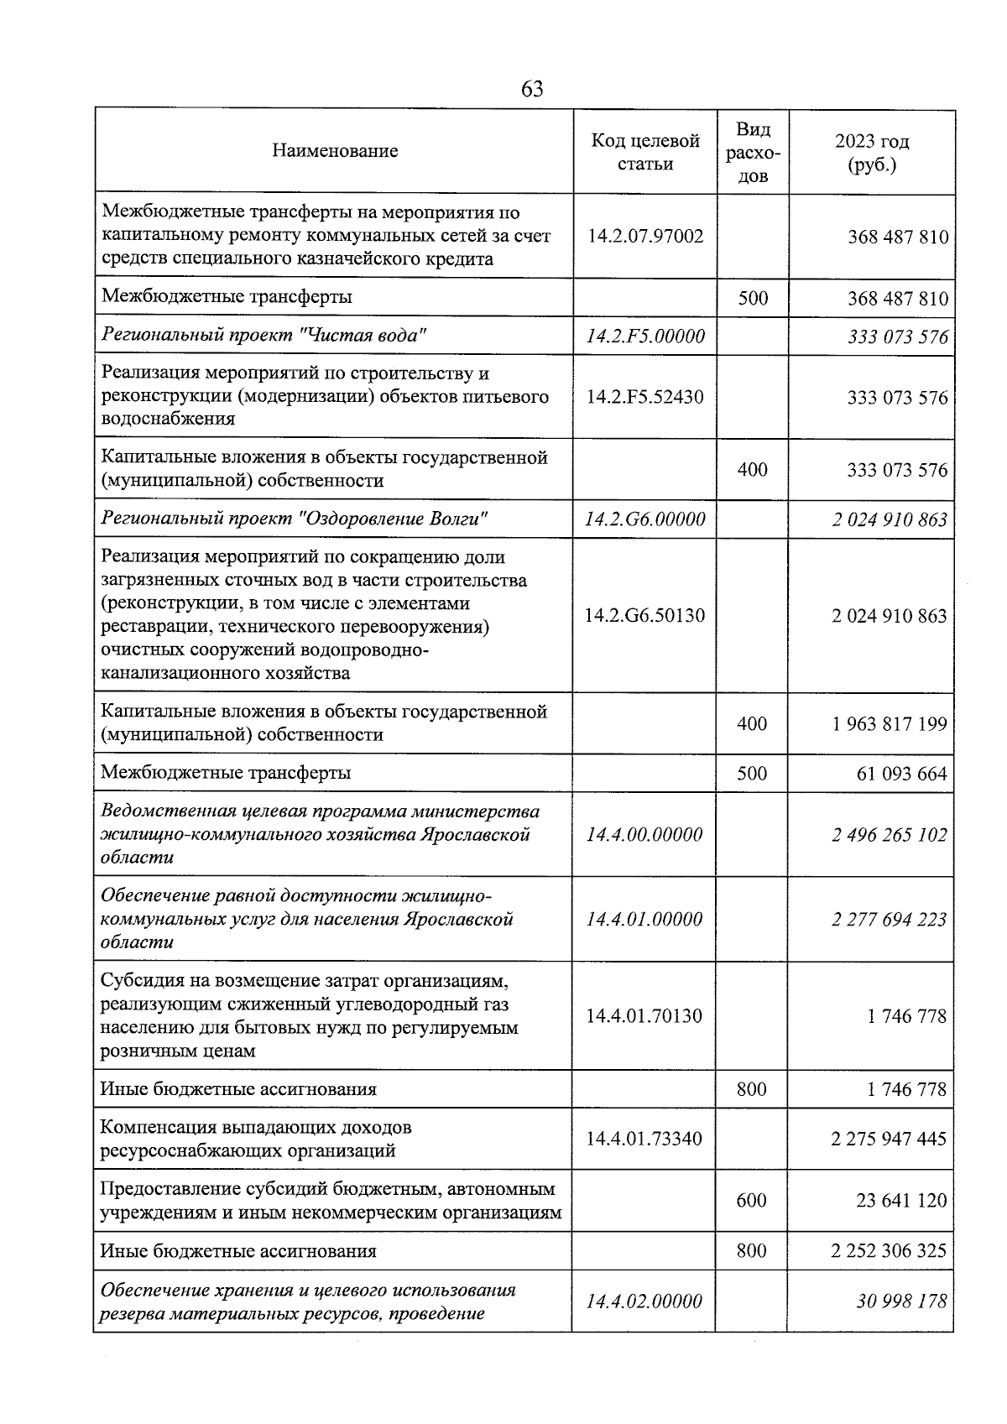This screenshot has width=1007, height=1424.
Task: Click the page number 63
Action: (x=532, y=89)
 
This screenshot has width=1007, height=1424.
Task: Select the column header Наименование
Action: (x=335, y=151)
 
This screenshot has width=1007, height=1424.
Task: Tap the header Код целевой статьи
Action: (x=644, y=152)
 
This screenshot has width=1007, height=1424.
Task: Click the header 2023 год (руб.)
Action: (x=872, y=153)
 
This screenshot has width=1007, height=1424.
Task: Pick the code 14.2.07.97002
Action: (x=644, y=237)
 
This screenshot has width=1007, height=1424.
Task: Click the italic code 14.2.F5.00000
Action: (x=644, y=336)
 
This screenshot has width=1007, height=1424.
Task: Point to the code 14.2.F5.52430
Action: (x=644, y=397)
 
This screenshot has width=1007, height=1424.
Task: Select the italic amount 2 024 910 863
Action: (x=889, y=519)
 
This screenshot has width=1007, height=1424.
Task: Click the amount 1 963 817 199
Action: (x=889, y=723)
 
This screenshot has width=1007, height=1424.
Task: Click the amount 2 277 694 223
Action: (x=889, y=920)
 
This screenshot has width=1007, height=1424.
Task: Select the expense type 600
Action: (x=751, y=1201)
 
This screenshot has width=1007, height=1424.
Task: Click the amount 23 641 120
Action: (x=901, y=1201)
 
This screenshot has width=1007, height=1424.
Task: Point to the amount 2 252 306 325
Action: (x=889, y=1251)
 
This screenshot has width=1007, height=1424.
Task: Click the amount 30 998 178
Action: (x=901, y=1301)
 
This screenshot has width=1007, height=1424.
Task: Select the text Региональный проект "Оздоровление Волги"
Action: (x=294, y=519)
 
